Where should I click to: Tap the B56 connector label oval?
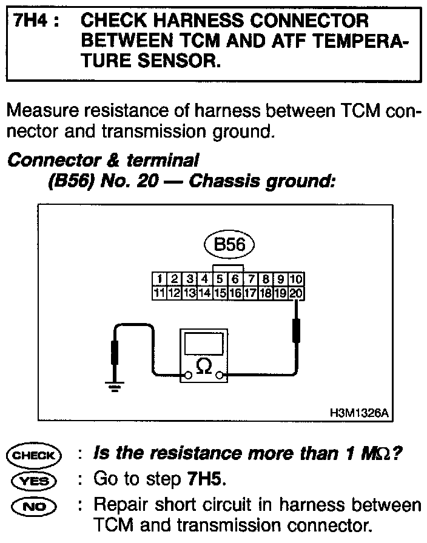click(230, 245)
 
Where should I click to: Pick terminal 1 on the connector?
click(159, 279)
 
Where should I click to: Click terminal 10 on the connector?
click(296, 279)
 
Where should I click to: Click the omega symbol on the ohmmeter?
click(204, 367)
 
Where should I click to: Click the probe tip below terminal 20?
click(297, 330)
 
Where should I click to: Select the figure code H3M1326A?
click(358, 413)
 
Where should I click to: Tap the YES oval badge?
click(33, 480)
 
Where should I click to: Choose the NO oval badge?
click(33, 505)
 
